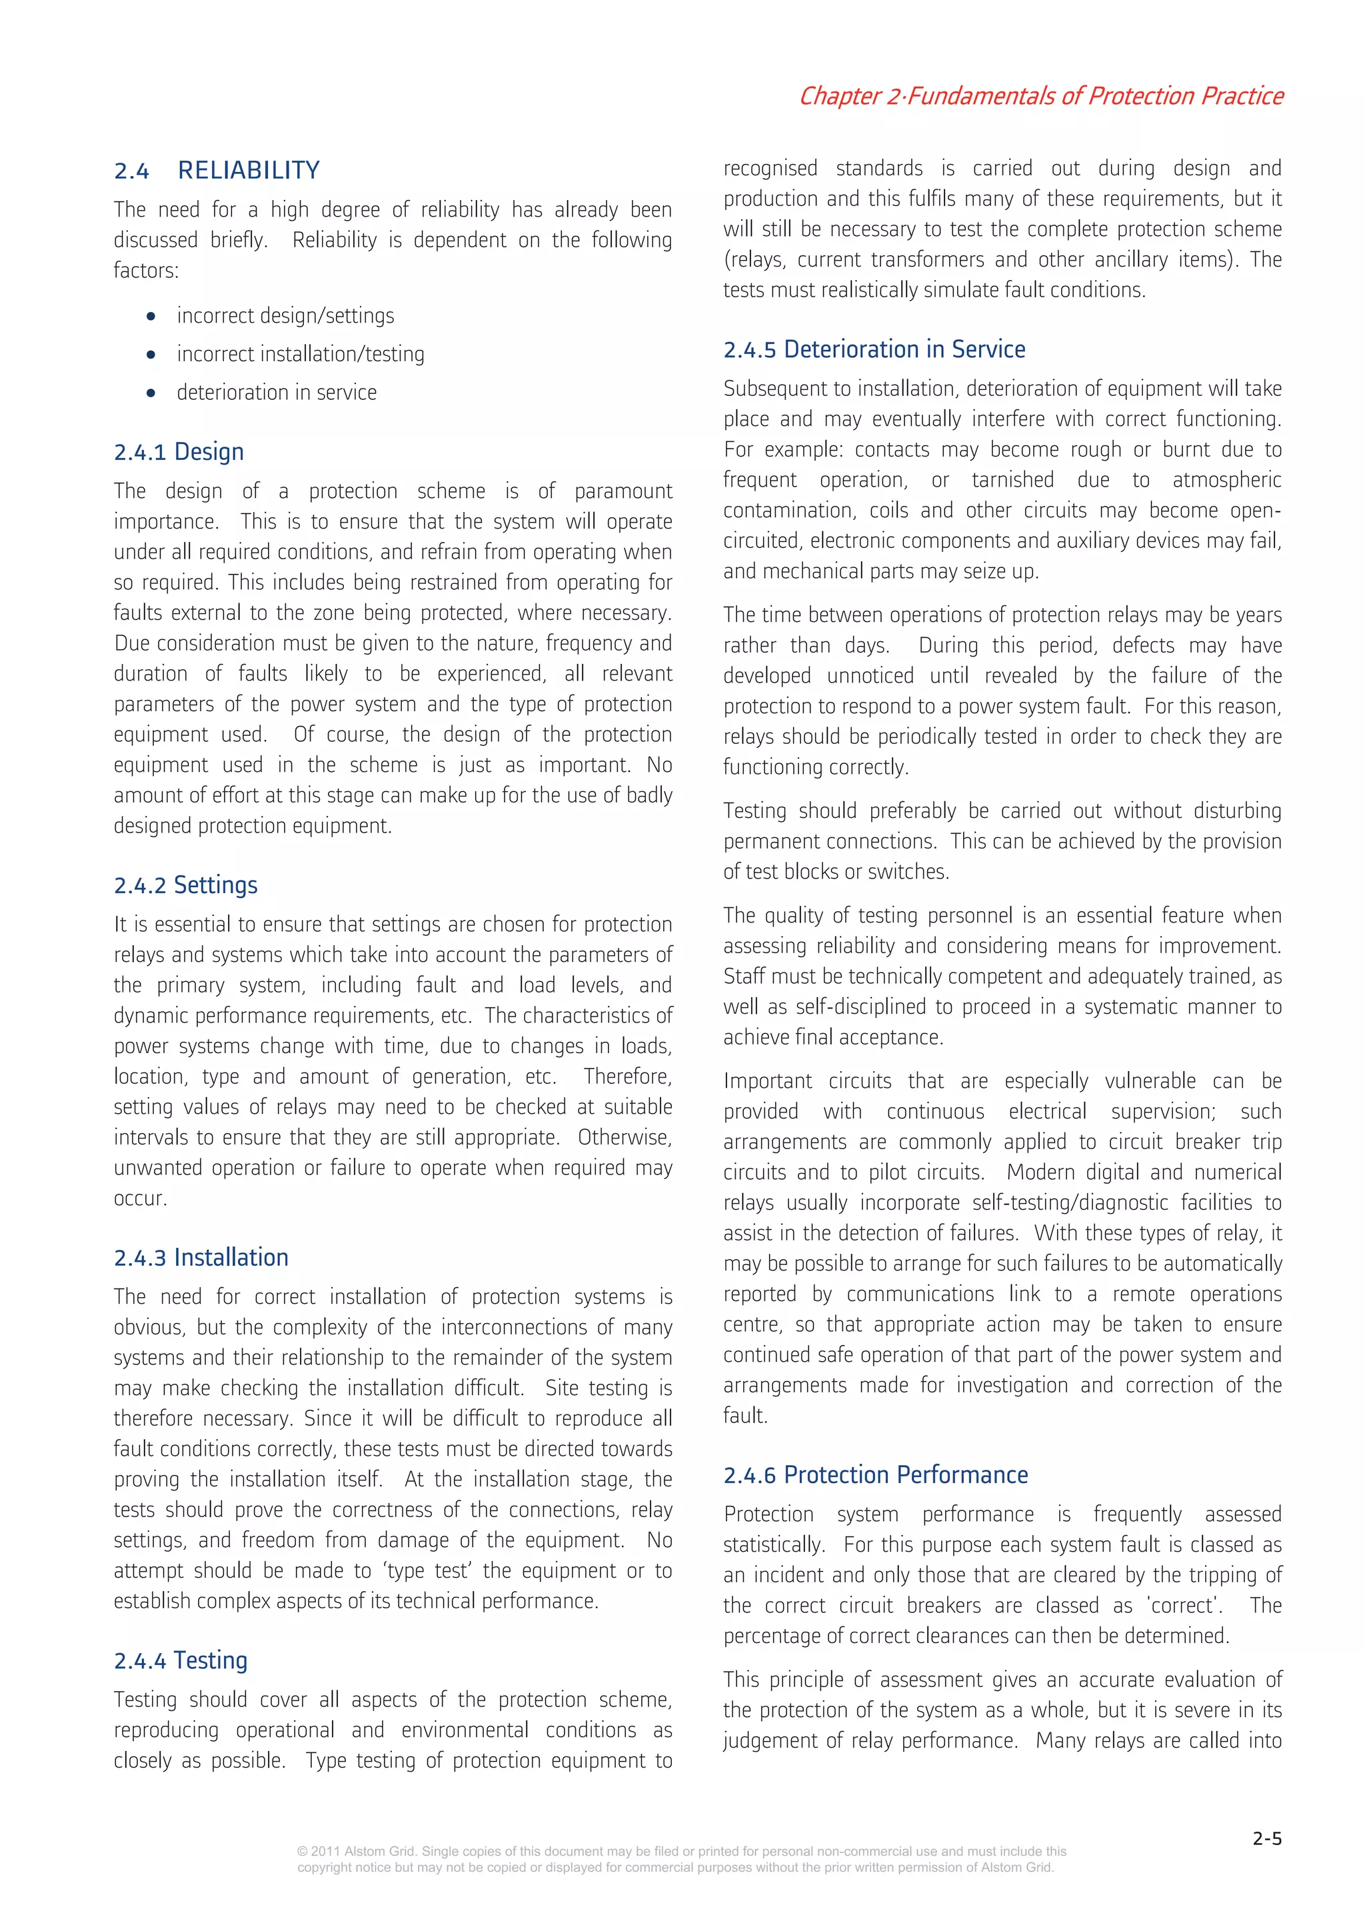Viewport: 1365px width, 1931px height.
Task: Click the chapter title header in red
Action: pyautogui.click(x=1040, y=96)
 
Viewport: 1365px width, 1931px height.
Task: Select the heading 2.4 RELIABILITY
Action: pyautogui.click(x=217, y=171)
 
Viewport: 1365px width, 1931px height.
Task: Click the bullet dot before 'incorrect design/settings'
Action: pyautogui.click(x=151, y=317)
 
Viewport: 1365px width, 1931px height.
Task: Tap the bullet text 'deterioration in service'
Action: pyautogui.click(x=276, y=393)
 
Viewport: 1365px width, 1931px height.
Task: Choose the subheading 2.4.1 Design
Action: pyautogui.click(x=179, y=453)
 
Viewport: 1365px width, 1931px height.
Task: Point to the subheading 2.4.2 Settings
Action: pyautogui.click(x=185, y=886)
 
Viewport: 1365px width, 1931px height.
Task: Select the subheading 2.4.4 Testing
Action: pyautogui.click(x=180, y=1661)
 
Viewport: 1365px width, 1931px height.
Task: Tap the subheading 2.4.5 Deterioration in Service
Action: pyautogui.click(x=874, y=350)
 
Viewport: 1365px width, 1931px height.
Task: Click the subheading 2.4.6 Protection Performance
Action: pyautogui.click(x=876, y=1475)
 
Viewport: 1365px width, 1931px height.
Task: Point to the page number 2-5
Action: pyautogui.click(x=1266, y=1839)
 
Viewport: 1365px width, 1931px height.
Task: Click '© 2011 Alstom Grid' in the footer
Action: pyautogui.click(x=356, y=1851)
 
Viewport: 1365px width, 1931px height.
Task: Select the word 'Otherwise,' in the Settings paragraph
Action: pyautogui.click(x=624, y=1138)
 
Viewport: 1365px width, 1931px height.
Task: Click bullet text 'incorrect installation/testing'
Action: pyautogui.click(x=300, y=355)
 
